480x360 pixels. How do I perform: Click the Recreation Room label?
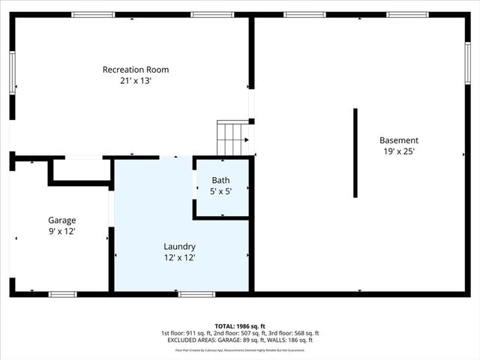pos(136,70)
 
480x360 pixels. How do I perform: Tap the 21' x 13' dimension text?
pos(136,81)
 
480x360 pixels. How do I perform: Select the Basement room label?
pos(398,140)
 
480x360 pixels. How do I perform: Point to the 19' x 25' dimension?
pos(398,151)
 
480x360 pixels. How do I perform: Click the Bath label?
pos(220,181)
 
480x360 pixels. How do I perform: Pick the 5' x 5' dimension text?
pos(220,191)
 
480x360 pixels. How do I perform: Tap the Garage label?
pos(62,220)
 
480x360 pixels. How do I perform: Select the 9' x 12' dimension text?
pos(62,232)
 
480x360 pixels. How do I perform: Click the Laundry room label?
pos(180,246)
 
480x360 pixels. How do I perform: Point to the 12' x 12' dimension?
pos(180,257)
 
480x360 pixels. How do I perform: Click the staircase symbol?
pos(232,137)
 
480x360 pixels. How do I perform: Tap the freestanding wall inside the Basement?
pos(355,153)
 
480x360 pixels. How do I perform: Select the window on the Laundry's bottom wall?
pos(196,294)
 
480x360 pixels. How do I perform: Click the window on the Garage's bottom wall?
pos(62,294)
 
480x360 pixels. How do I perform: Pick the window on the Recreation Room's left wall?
pos(12,73)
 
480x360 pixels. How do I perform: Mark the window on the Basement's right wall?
pos(467,64)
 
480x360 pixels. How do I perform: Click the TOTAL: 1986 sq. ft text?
pos(240,326)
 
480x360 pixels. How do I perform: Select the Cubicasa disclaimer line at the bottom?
pos(240,349)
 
